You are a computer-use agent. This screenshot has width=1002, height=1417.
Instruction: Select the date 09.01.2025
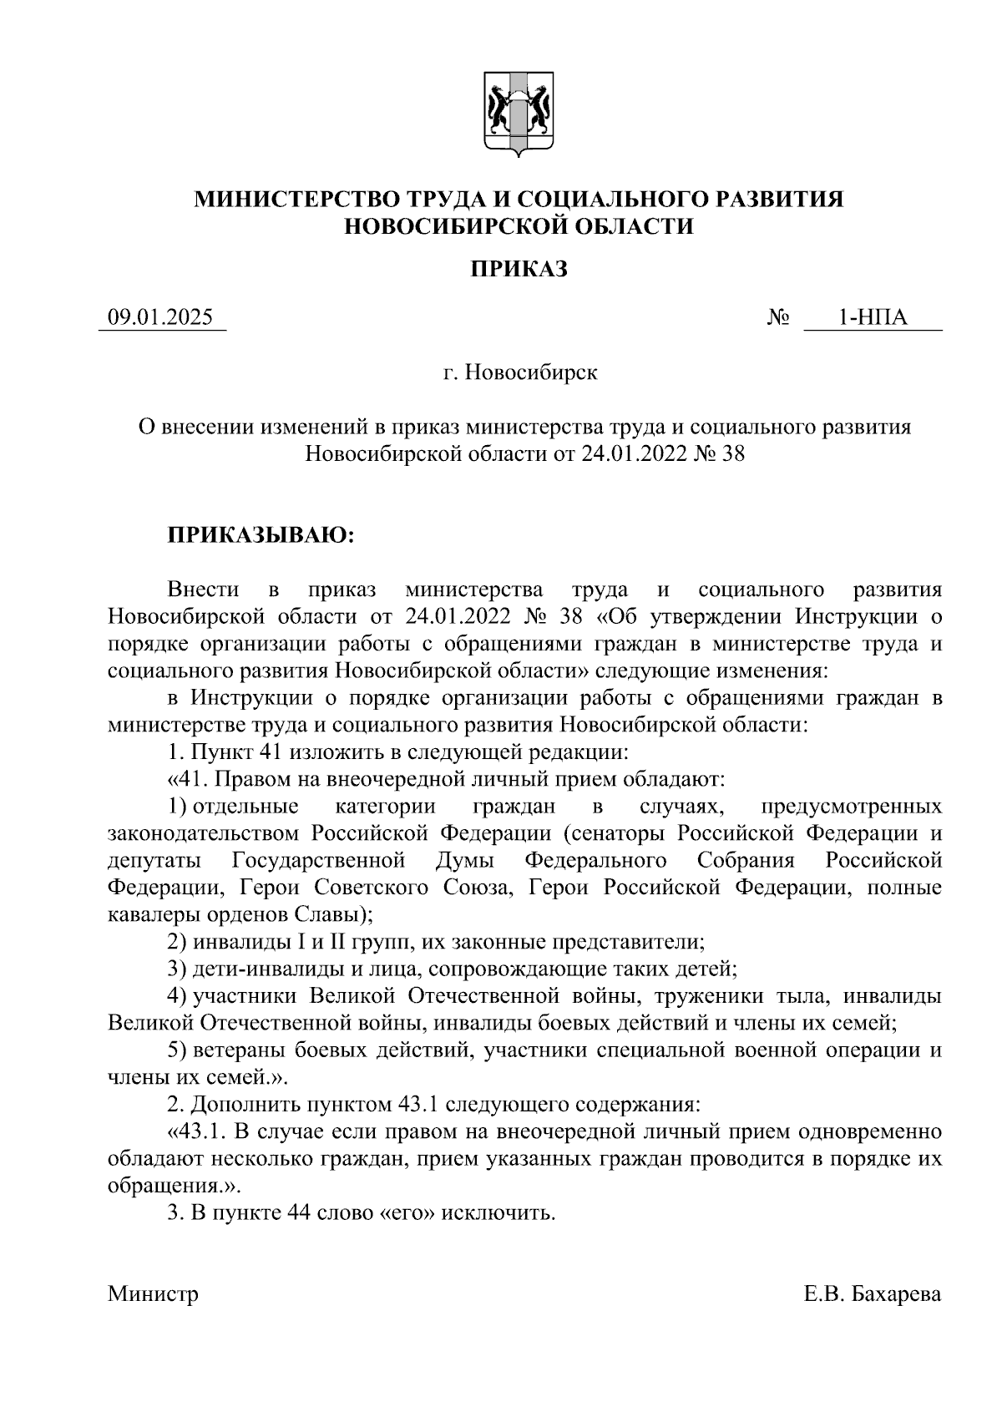coord(161,318)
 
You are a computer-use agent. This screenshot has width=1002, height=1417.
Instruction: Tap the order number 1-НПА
coord(873,318)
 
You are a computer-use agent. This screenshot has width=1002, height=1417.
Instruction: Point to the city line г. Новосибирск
coord(519,372)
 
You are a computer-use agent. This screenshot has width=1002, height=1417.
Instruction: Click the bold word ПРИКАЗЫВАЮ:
coord(262,535)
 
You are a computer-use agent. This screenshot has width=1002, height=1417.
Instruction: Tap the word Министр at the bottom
coord(153,1295)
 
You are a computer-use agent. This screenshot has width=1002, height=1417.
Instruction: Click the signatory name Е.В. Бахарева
coord(873,1295)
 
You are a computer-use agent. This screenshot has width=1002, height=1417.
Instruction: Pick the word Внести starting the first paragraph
coord(203,590)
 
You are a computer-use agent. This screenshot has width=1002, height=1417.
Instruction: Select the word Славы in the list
coord(331,914)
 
